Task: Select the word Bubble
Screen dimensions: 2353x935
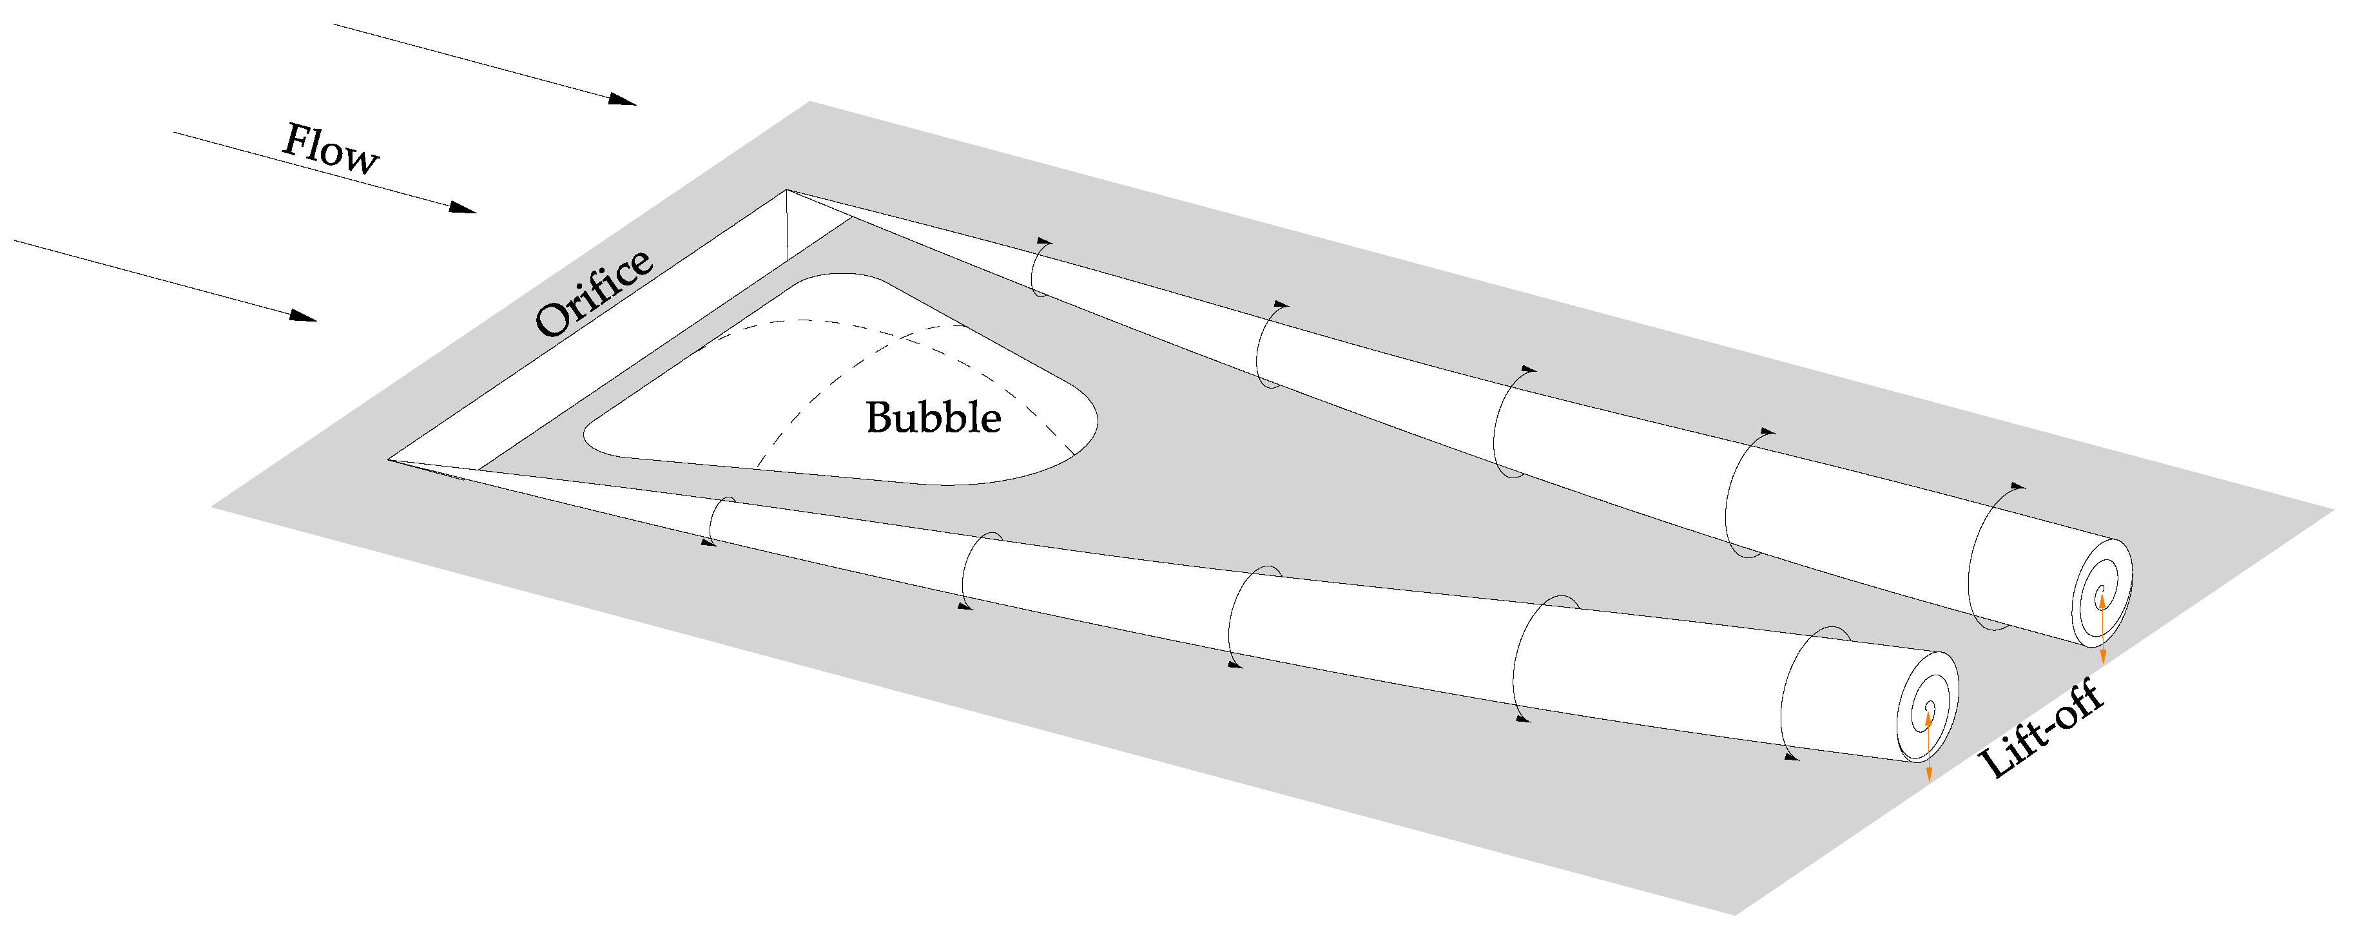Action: pyautogui.click(x=933, y=418)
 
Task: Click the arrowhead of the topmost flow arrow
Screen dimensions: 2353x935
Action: pyautogui.click(x=623, y=99)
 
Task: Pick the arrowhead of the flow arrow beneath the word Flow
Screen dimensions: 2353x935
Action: pyautogui.click(x=463, y=207)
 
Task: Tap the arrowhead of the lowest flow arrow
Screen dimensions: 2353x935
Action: pyautogui.click(x=304, y=315)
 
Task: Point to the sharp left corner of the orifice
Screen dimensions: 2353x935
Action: pyautogui.click(x=389, y=459)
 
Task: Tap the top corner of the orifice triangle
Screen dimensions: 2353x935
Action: pyautogui.click(x=786, y=190)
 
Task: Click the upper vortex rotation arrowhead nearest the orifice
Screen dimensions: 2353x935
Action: pyautogui.click(x=1044, y=241)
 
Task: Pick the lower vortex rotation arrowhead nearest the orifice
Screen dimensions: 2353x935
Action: pyautogui.click(x=707, y=543)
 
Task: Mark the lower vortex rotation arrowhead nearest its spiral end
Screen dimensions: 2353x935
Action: pyautogui.click(x=1791, y=757)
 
